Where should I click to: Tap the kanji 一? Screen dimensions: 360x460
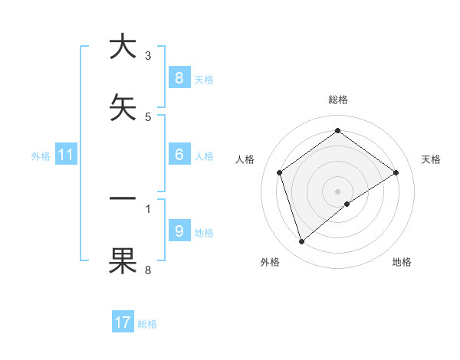[123, 198]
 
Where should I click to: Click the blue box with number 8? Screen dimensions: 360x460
[179, 77]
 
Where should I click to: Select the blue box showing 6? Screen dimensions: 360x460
[179, 155]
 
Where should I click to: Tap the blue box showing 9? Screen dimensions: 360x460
[179, 231]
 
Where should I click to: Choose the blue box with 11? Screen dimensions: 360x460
[66, 155]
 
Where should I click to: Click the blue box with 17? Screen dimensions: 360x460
[123, 322]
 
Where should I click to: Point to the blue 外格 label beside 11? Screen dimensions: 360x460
[41, 156]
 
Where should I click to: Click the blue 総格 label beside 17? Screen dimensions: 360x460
[147, 324]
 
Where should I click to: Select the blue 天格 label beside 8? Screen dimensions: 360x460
[204, 79]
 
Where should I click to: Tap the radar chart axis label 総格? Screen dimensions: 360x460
[337, 100]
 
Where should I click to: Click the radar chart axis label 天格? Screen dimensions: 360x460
[431, 159]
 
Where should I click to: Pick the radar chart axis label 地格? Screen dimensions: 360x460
[402, 262]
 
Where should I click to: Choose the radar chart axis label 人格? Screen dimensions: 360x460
[245, 159]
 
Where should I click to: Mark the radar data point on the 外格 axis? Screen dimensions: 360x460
[301, 242]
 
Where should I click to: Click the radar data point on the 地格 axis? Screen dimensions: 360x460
[347, 204]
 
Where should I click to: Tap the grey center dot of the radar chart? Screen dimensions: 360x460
[337, 191]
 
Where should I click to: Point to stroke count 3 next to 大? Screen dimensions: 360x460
[148, 55]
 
